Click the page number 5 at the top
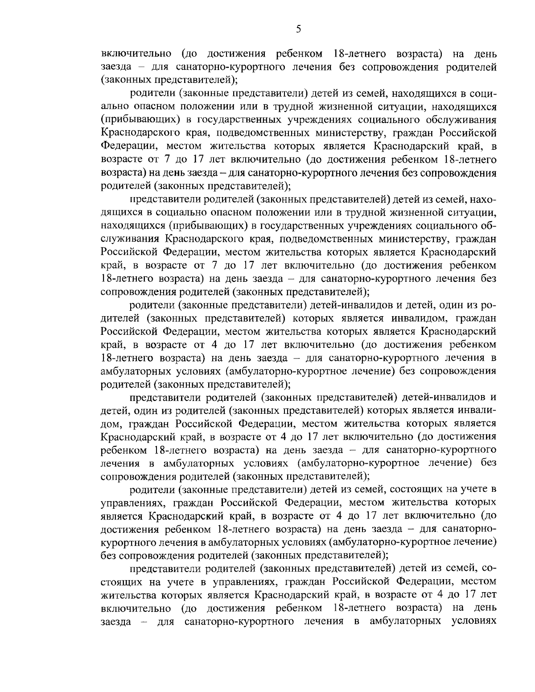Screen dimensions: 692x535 (299, 29)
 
